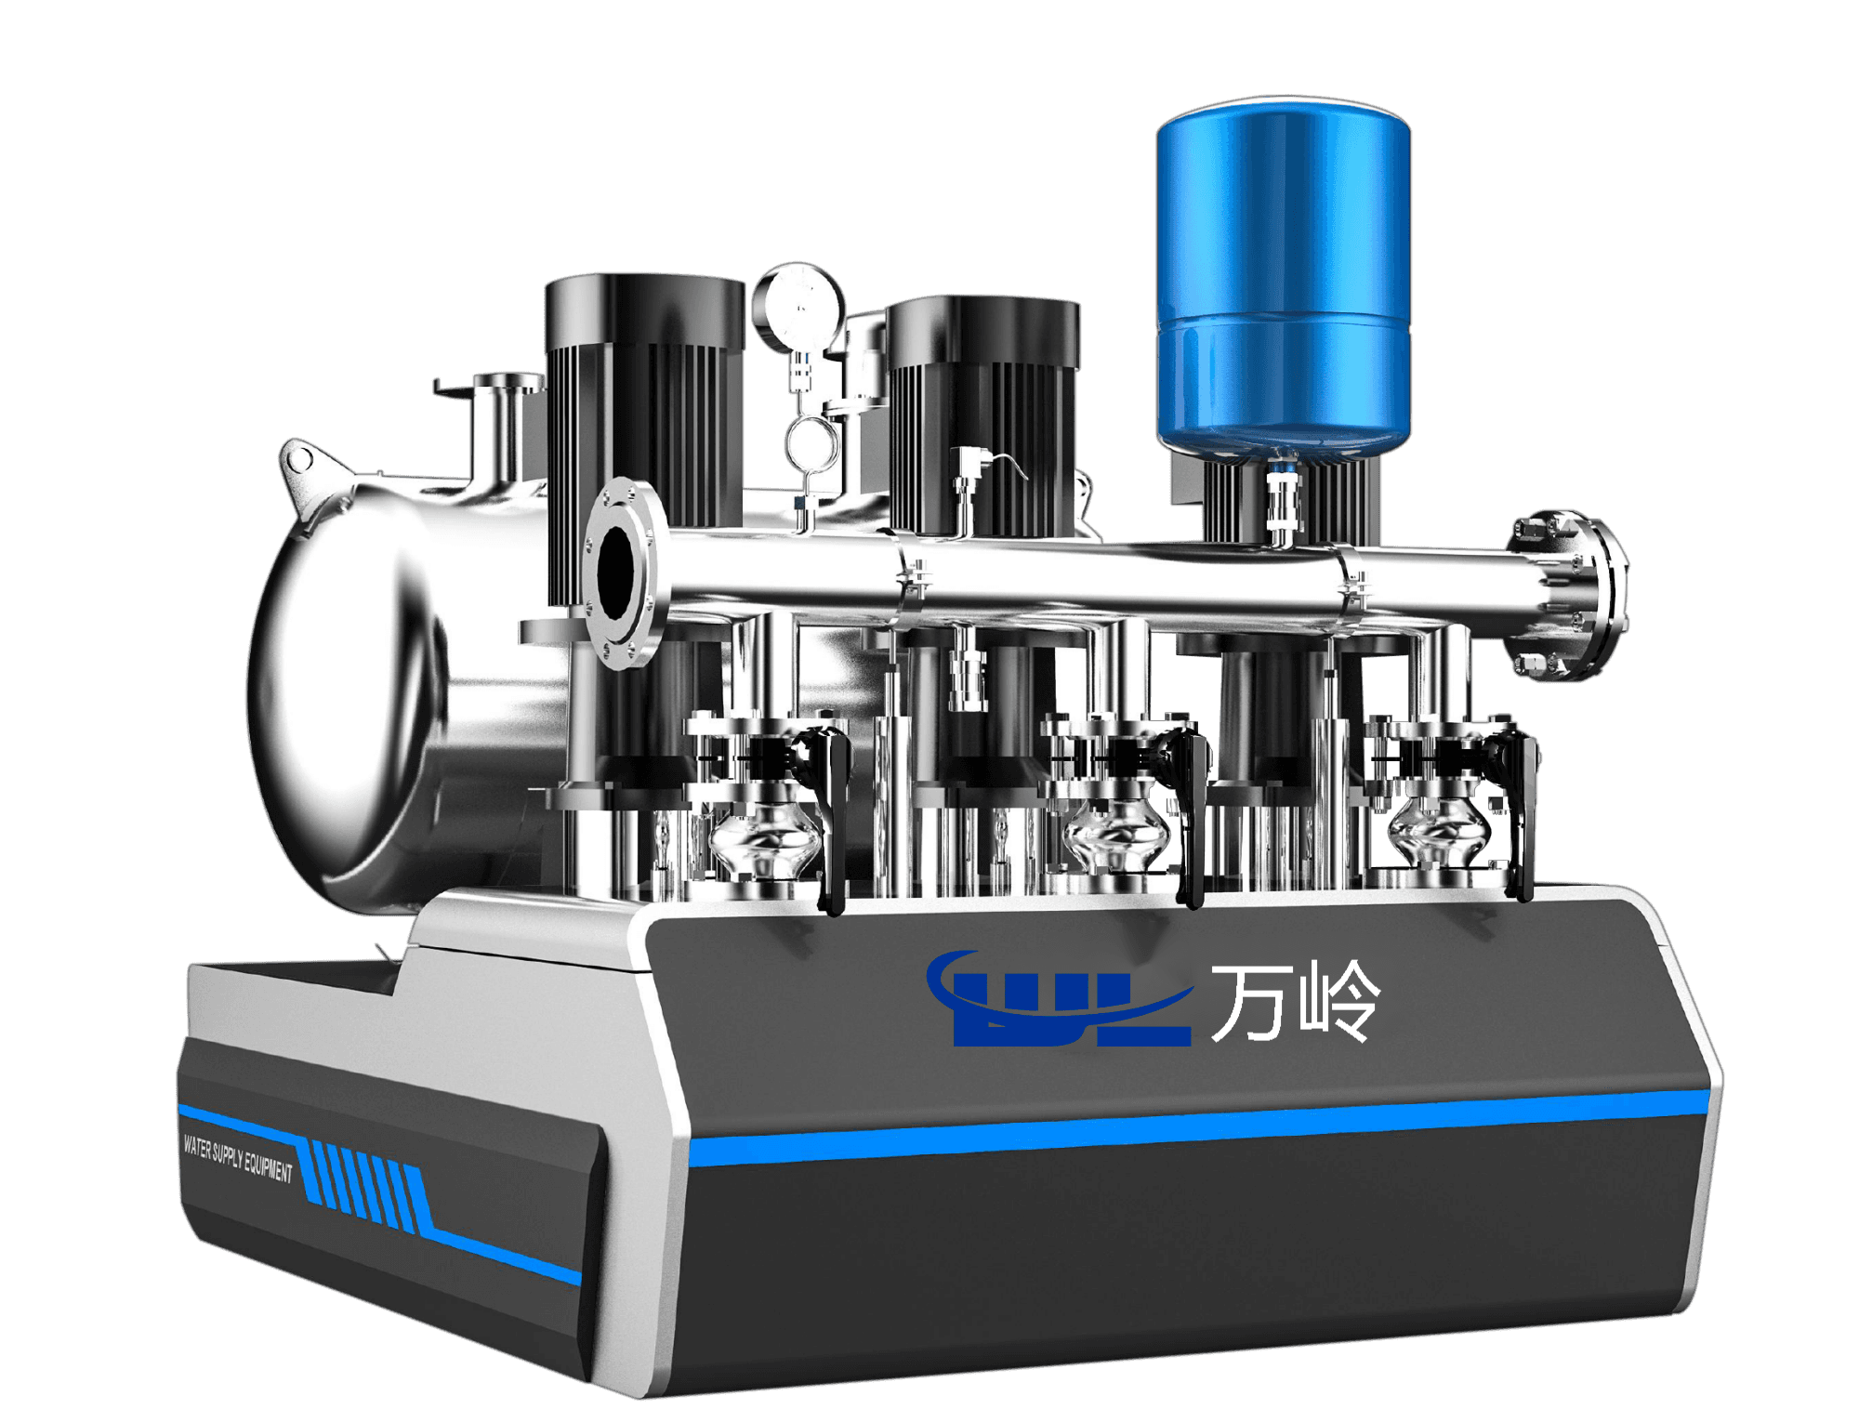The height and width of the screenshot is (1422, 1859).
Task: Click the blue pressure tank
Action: (x=1283, y=279)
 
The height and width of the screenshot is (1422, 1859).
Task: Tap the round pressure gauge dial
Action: (x=798, y=308)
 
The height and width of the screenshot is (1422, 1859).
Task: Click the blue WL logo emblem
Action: (x=1060, y=999)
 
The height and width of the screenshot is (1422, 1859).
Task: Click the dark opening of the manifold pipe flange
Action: (x=615, y=570)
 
